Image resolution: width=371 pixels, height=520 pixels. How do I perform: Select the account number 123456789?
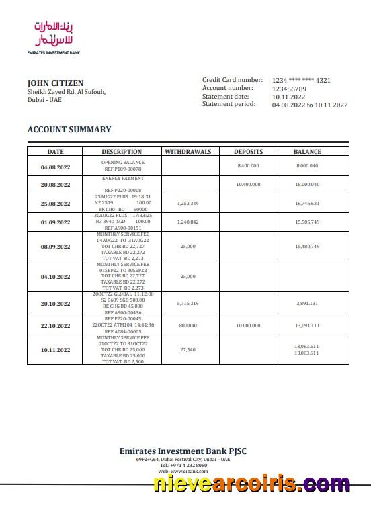289,89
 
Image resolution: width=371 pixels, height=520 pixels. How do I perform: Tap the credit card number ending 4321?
301,80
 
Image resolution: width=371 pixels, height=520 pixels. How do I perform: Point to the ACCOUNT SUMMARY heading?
69,130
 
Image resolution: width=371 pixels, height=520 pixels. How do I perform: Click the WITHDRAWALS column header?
188,152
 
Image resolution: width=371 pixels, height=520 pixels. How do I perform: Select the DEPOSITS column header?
248,152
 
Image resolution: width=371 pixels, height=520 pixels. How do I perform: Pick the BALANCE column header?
307,152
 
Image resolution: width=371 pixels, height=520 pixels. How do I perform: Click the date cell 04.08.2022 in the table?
55,166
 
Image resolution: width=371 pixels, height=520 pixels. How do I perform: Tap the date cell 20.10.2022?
55,304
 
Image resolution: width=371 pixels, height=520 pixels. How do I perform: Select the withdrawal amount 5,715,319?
188,304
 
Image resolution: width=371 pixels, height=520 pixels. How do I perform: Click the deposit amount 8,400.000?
248,165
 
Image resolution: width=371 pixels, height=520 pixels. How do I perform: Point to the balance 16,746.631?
307,203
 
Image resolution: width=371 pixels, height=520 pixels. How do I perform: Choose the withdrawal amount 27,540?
188,349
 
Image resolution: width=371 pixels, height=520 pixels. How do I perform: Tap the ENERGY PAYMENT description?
123,179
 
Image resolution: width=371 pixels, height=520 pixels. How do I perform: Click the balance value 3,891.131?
307,304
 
